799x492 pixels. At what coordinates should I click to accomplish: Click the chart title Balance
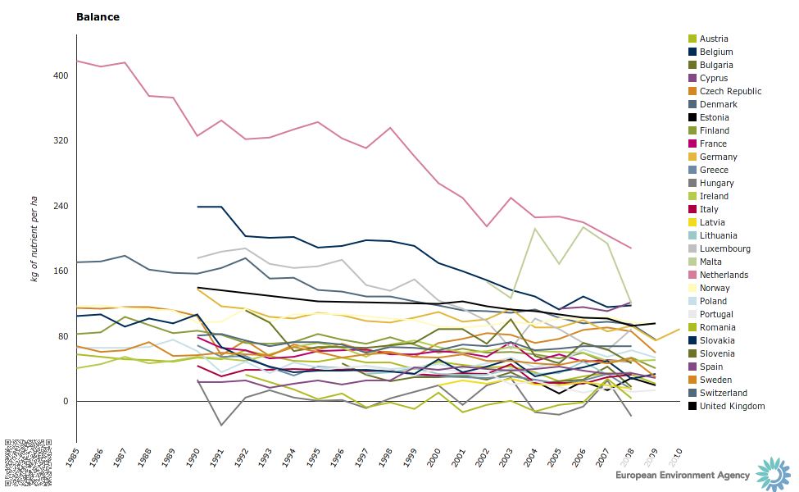[x=98, y=16]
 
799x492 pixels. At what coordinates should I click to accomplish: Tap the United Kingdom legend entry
[x=732, y=406]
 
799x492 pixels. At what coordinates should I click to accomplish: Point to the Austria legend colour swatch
[x=692, y=39]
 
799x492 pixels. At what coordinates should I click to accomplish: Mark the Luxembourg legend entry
[x=724, y=248]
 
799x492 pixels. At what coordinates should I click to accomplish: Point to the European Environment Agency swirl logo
[x=773, y=473]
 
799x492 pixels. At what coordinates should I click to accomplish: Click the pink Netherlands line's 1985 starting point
[x=76, y=61]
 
